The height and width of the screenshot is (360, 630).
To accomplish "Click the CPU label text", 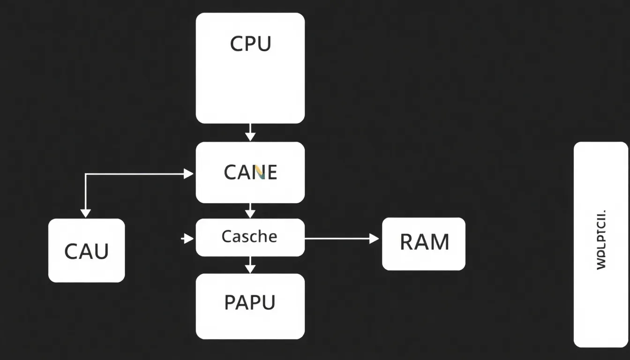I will pyautogui.click(x=250, y=44).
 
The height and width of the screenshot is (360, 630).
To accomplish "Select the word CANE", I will pyautogui.click(x=250, y=172).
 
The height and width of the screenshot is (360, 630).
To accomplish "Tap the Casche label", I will pyautogui.click(x=249, y=236).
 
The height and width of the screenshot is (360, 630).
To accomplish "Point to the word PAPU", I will pyautogui.click(x=249, y=302).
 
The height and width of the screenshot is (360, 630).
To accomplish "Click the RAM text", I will pyautogui.click(x=424, y=242).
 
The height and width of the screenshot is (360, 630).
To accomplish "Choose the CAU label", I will pyautogui.click(x=86, y=251).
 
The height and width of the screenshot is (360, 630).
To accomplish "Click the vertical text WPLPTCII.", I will pyautogui.click(x=601, y=240).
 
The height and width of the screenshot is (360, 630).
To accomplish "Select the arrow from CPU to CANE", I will pyautogui.click(x=250, y=132).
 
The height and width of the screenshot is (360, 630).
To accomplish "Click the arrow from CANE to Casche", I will pyautogui.click(x=250, y=210).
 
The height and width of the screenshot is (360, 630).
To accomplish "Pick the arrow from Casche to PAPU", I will pyautogui.click(x=250, y=265).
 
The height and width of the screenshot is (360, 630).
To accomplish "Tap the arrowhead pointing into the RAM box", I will pyautogui.click(x=374, y=239).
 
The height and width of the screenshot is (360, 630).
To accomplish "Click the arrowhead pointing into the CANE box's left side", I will pyautogui.click(x=188, y=174).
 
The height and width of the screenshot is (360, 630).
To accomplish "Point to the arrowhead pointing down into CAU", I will pyautogui.click(x=85, y=213).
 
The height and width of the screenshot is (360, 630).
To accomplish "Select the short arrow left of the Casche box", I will pyautogui.click(x=187, y=239).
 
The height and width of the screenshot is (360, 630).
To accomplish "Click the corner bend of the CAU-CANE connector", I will pyautogui.click(x=85, y=174).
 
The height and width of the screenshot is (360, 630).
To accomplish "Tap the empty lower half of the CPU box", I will pyautogui.click(x=250, y=94).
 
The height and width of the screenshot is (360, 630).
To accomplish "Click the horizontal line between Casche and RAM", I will pyautogui.click(x=337, y=239).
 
